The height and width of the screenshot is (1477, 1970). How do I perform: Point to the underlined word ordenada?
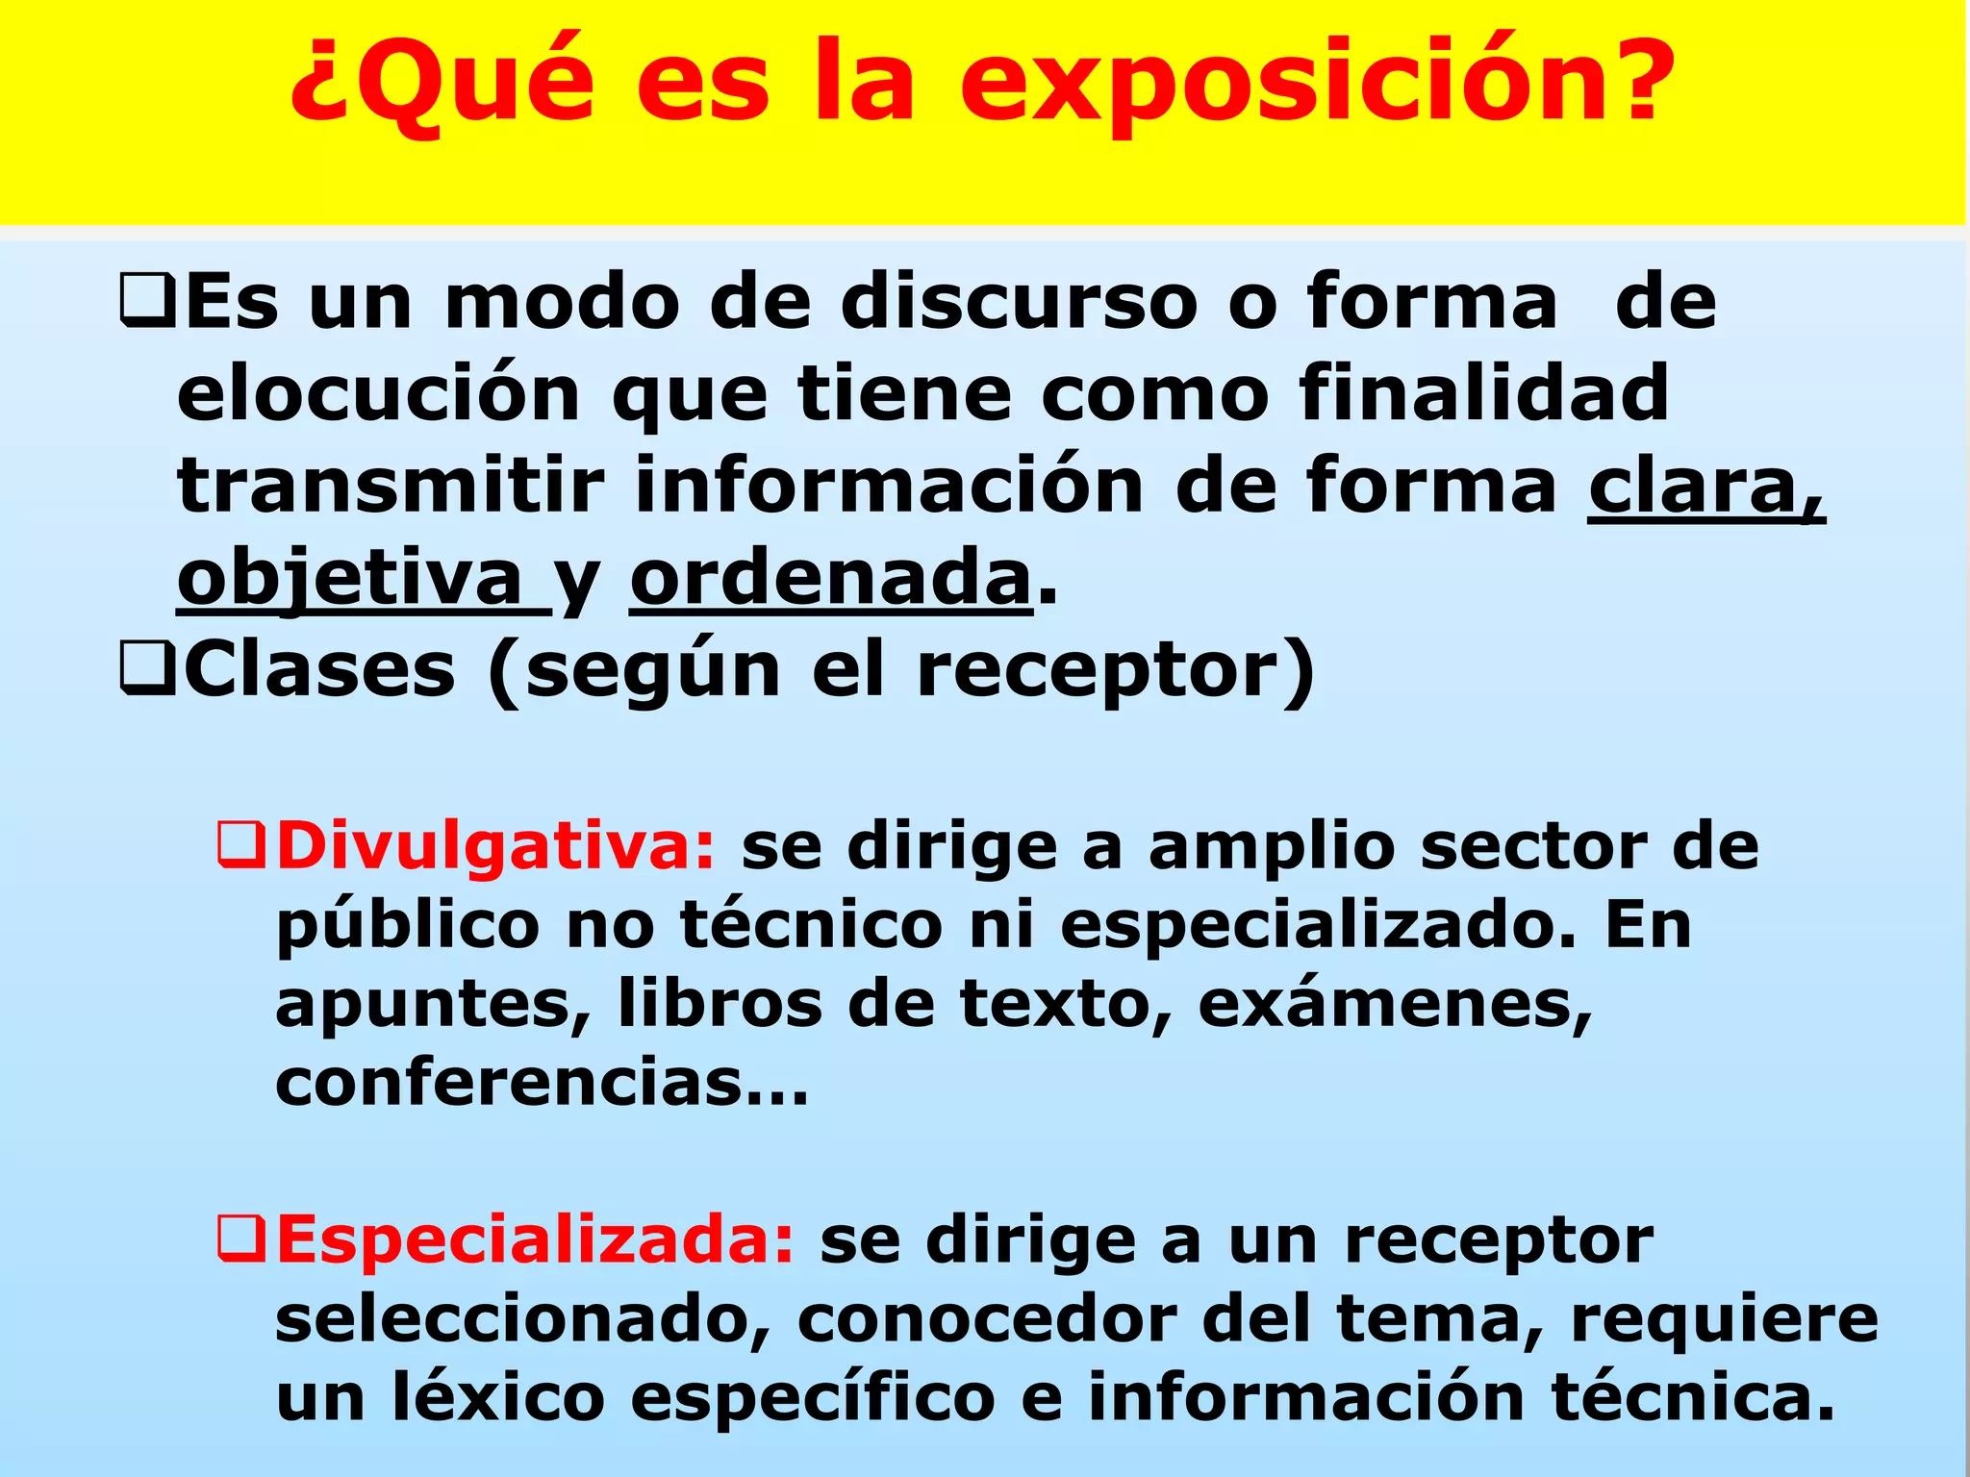pyautogui.click(x=830, y=579)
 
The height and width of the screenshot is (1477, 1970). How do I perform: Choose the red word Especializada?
pyautogui.click(x=535, y=1239)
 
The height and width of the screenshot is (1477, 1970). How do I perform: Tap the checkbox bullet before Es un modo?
pyautogui.click(x=147, y=302)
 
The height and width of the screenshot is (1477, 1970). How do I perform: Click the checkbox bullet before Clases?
pyautogui.click(x=147, y=670)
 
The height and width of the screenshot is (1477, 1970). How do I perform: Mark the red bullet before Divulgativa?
pyautogui.click(x=240, y=846)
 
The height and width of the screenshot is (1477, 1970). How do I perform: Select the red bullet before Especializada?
pyautogui.click(x=240, y=1239)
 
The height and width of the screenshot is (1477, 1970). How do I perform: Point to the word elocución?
pyautogui.click(x=379, y=394)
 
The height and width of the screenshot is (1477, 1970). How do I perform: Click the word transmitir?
pyautogui.click(x=391, y=487)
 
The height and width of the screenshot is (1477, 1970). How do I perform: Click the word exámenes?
pyautogui.click(x=1394, y=1006)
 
